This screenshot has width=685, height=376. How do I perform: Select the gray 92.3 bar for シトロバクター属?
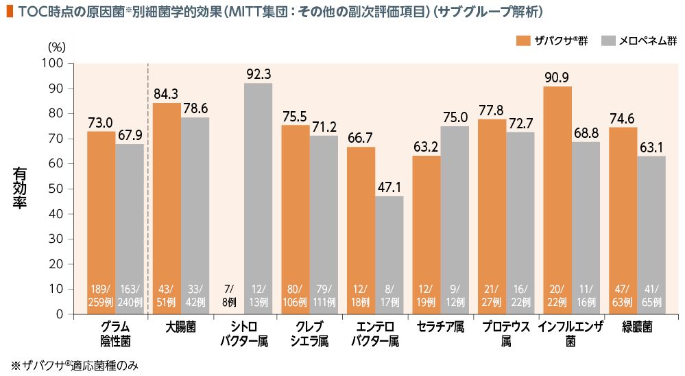pos(259,198)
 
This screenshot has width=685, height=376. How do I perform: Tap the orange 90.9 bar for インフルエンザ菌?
pos(557,200)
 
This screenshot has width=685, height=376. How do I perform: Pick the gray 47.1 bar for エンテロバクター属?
pos(389,255)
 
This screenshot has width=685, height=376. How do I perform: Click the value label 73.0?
pos(100,123)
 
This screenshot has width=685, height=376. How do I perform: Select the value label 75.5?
pos(296,117)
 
